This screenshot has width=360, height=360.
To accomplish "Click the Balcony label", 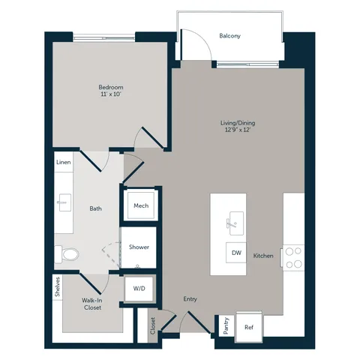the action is pyautogui.click(x=229, y=36).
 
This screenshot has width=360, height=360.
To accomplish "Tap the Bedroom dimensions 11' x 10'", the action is pyautogui.click(x=111, y=94).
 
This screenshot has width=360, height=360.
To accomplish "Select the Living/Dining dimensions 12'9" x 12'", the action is pyautogui.click(x=238, y=130).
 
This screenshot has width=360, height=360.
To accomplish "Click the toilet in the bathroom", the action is pyautogui.click(x=67, y=254).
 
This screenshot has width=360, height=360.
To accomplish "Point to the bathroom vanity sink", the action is pyautogui.click(x=64, y=202).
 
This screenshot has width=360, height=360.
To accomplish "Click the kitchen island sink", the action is pyautogui.click(x=236, y=223).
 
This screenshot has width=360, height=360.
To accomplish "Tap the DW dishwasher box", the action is pyautogui.click(x=236, y=253).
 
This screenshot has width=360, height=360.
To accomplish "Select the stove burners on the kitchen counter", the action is pyautogui.click(x=293, y=258).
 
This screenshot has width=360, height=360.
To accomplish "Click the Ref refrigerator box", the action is pyautogui.click(x=249, y=327).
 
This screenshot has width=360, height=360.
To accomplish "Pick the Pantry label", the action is pyautogui.click(x=226, y=325).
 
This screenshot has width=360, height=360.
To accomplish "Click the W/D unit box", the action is pyautogui.click(x=139, y=289).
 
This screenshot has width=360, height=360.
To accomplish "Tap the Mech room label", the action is pyautogui.click(x=141, y=205).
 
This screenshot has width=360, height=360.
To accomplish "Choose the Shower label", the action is pyautogui.click(x=139, y=247).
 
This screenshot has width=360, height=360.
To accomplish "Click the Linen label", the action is pyautogui.click(x=64, y=162).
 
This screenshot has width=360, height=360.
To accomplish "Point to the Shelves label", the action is pyautogui.click(x=58, y=286).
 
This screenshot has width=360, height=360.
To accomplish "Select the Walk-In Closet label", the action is pyautogui.click(x=92, y=304).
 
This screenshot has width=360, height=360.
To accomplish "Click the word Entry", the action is pyautogui.click(x=190, y=299).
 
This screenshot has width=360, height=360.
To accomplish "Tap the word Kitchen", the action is pyautogui.click(x=263, y=256).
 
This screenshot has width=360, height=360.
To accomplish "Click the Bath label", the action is pyautogui.click(x=96, y=208).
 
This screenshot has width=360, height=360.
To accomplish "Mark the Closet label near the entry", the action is pyautogui.click(x=153, y=325).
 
